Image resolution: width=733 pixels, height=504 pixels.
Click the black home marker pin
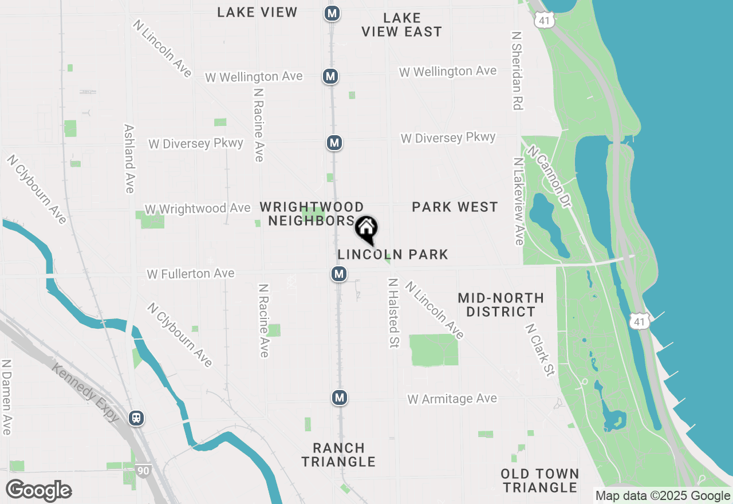click(366, 230)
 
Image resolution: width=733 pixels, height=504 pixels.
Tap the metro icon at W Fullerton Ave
click(339, 274)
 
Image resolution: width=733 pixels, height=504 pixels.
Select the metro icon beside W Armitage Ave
click(340, 397)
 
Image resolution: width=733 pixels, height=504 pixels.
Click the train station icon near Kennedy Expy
click(136, 418)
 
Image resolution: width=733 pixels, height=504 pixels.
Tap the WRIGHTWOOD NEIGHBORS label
click(312, 214)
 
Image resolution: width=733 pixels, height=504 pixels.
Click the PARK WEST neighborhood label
click(455, 207)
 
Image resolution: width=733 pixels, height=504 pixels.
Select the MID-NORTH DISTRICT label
click(501, 305)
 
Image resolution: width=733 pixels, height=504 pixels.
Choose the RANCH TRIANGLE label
click(338, 455)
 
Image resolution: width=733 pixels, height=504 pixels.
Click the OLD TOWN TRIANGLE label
click(539, 481)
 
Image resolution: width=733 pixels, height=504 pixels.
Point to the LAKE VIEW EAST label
click(402, 25)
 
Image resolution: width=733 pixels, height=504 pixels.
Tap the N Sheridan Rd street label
click(517, 70)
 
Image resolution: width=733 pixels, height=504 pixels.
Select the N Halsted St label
click(393, 313)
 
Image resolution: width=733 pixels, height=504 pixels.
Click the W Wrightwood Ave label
click(198, 208)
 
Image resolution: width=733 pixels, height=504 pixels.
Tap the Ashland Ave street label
click(129, 159)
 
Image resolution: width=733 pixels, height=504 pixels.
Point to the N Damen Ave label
click(6, 397)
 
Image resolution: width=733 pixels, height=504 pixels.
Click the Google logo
click(38, 490)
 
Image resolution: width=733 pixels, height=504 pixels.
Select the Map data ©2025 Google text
click(663, 496)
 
